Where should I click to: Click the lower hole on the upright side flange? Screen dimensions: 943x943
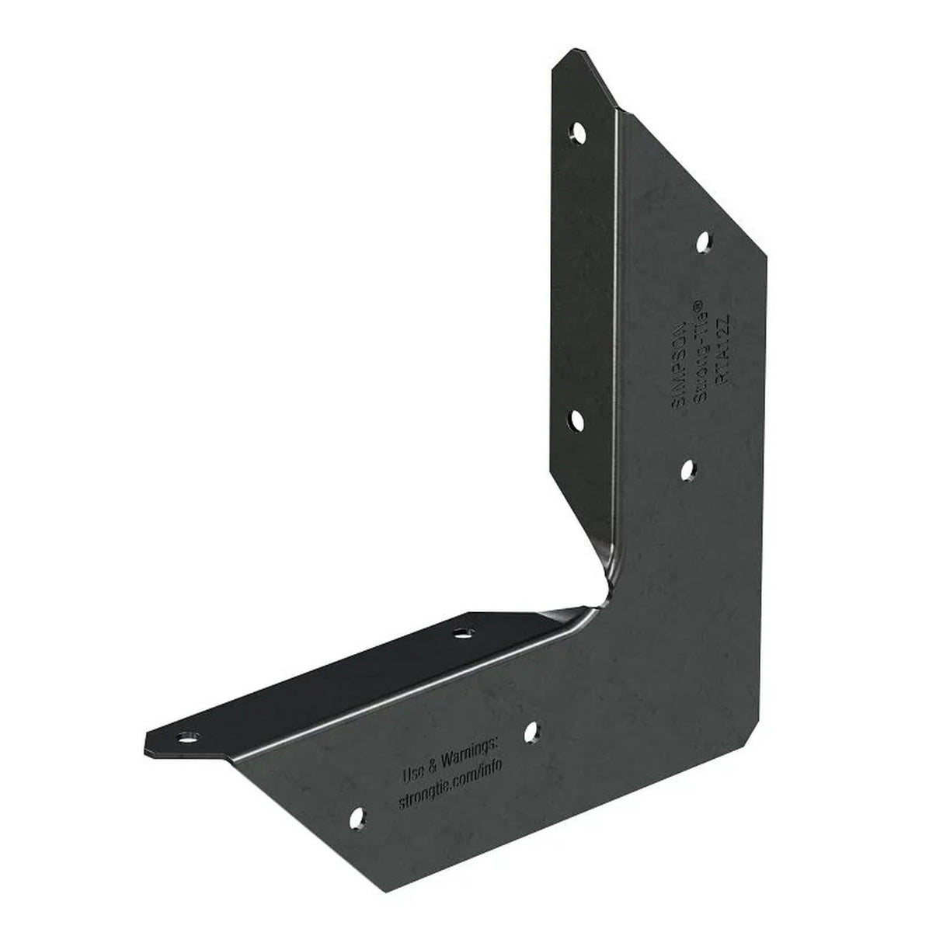pos(577,420)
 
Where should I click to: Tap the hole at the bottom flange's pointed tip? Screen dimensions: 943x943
pos(186,735)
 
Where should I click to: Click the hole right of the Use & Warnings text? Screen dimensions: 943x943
pos(532,730)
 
